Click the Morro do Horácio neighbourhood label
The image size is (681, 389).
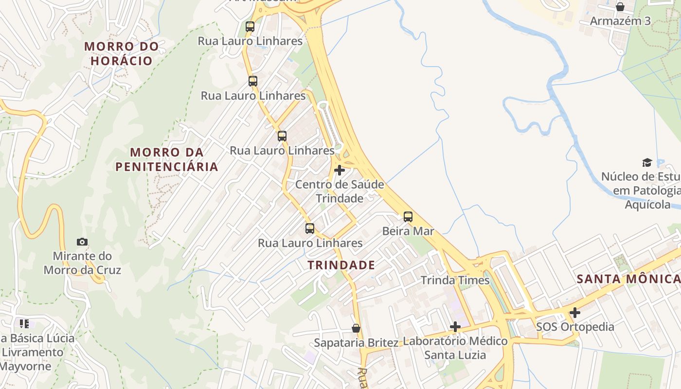click(x=122, y=53)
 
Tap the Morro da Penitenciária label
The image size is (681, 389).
click(x=167, y=159)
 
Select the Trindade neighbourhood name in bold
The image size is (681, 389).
click(x=341, y=265)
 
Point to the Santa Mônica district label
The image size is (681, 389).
click(x=628, y=279)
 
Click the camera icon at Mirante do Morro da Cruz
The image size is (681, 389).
click(x=82, y=242)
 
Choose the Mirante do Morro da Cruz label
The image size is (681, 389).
click(x=82, y=263)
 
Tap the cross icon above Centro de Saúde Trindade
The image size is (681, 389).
click(x=340, y=170)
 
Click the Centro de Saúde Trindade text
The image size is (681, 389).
click(x=340, y=191)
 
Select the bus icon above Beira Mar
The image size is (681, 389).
click(x=408, y=217)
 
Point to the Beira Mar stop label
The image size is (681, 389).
click(x=408, y=231)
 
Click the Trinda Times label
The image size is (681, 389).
click(x=455, y=280)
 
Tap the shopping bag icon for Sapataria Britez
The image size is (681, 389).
click(x=356, y=328)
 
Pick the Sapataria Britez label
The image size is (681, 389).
click(x=356, y=342)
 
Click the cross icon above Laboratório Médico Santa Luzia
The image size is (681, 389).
click(x=455, y=327)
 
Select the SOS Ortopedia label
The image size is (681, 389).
click(x=575, y=326)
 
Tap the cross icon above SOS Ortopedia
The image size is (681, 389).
click(x=575, y=312)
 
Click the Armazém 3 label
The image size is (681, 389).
click(x=620, y=21)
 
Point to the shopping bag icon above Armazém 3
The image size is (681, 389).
click(x=620, y=7)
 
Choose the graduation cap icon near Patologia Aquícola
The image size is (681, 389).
click(x=647, y=162)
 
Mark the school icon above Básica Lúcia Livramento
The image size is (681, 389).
click(x=24, y=323)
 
